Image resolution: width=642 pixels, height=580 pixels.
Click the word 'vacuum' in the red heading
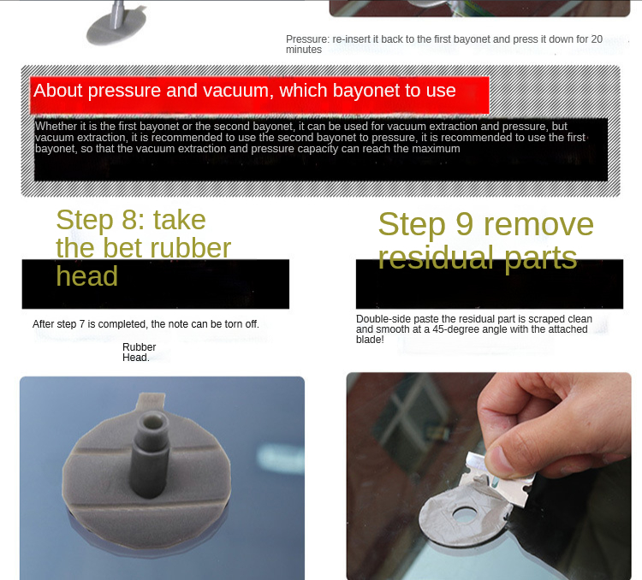pyautogui.click(x=238, y=90)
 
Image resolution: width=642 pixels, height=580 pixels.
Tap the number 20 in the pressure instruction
pyautogui.click(x=597, y=39)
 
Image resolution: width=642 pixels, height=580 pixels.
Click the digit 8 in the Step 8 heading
pyautogui.click(x=131, y=220)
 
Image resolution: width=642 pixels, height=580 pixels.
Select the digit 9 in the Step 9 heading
pyautogui.click(x=464, y=224)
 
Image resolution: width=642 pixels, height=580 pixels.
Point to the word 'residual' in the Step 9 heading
pyautogui.click(x=437, y=257)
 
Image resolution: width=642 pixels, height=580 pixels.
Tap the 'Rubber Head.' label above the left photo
pyautogui.click(x=139, y=352)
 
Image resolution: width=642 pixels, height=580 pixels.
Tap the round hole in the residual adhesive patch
pyautogui.click(x=465, y=515)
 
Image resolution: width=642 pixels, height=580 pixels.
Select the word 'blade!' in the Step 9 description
pyautogui.click(x=370, y=340)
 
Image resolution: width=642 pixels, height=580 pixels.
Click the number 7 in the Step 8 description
pyautogui.click(x=82, y=324)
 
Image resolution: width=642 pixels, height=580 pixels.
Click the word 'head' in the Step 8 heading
pyautogui.click(x=86, y=275)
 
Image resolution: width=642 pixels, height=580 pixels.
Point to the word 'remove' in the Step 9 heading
pyautogui.click(x=538, y=224)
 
